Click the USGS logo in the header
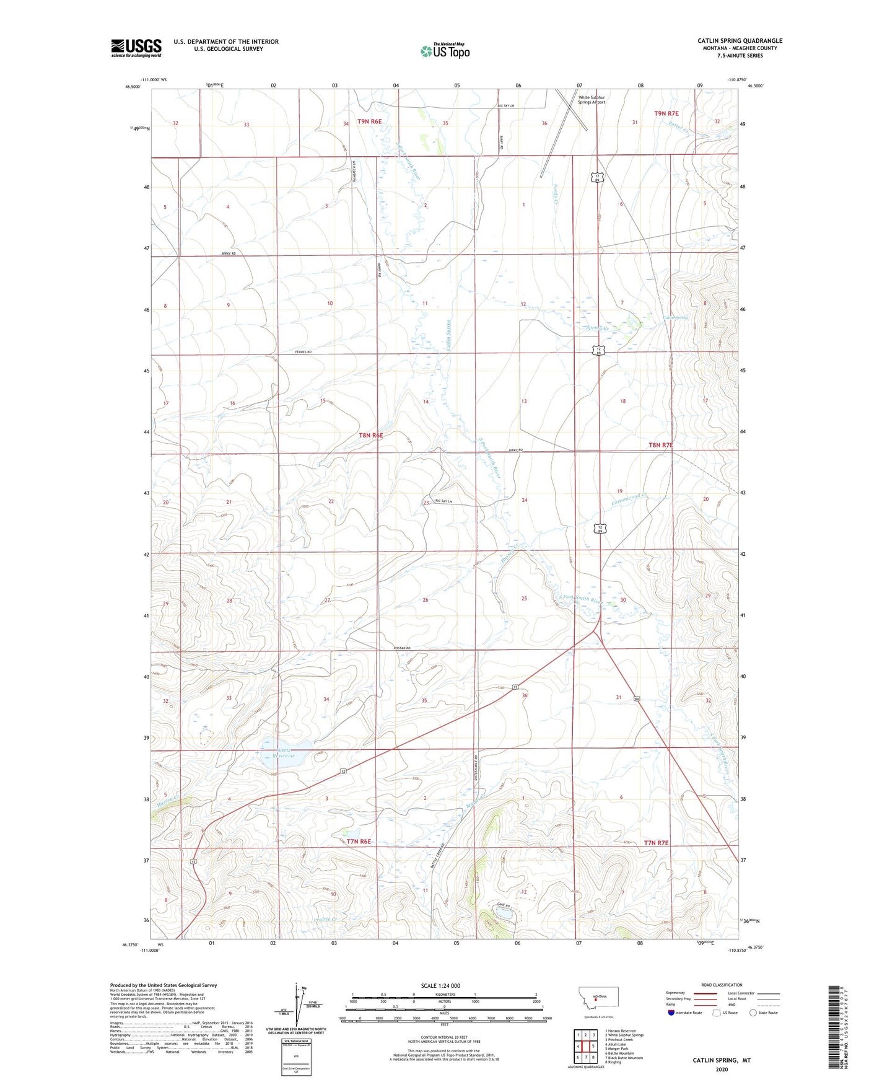pos(136,48)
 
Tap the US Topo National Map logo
pos(445,51)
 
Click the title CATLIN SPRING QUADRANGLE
pos(740,41)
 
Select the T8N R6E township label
pos(371,435)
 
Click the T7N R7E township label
pos(656,843)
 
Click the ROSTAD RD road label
pos(402,648)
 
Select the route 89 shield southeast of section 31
pos(637,699)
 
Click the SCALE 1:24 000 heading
pos(440,985)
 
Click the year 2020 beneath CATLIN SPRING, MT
pos(722,1070)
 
